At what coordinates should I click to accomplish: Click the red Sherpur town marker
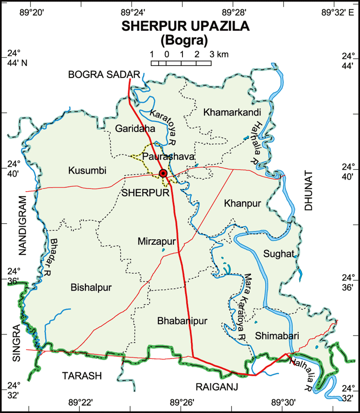[x=163, y=173]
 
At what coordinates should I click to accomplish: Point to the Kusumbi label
[x=87, y=171]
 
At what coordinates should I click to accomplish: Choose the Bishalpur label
[x=91, y=287]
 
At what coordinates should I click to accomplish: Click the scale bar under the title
[x=182, y=62]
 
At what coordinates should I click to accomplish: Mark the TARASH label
[x=81, y=376]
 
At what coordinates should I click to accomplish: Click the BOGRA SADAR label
[x=104, y=74]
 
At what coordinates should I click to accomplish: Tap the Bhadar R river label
[x=57, y=257]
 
